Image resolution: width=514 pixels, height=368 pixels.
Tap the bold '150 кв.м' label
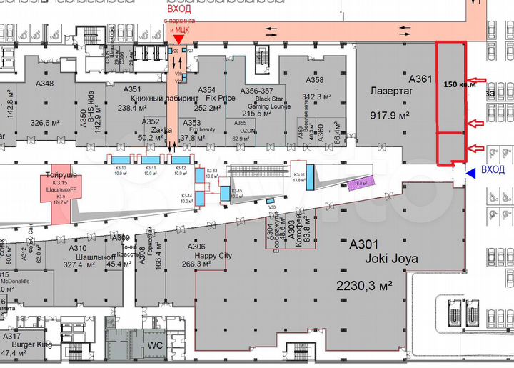pyautogui.click(x=459, y=84)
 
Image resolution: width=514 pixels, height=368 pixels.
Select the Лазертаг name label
pyautogui.click(x=391, y=91)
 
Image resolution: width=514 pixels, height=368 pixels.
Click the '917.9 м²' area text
pyautogui.click(x=391, y=114)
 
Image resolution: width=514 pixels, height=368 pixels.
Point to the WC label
pyautogui.click(x=156, y=345)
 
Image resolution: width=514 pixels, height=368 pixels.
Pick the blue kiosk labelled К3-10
pyautogui.click(x=120, y=159)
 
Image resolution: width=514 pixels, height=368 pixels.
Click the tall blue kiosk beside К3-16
pyautogui.click(x=311, y=177)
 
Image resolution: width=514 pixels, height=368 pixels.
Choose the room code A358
pyautogui.click(x=314, y=80)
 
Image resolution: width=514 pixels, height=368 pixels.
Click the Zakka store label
pyautogui.click(x=158, y=130)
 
